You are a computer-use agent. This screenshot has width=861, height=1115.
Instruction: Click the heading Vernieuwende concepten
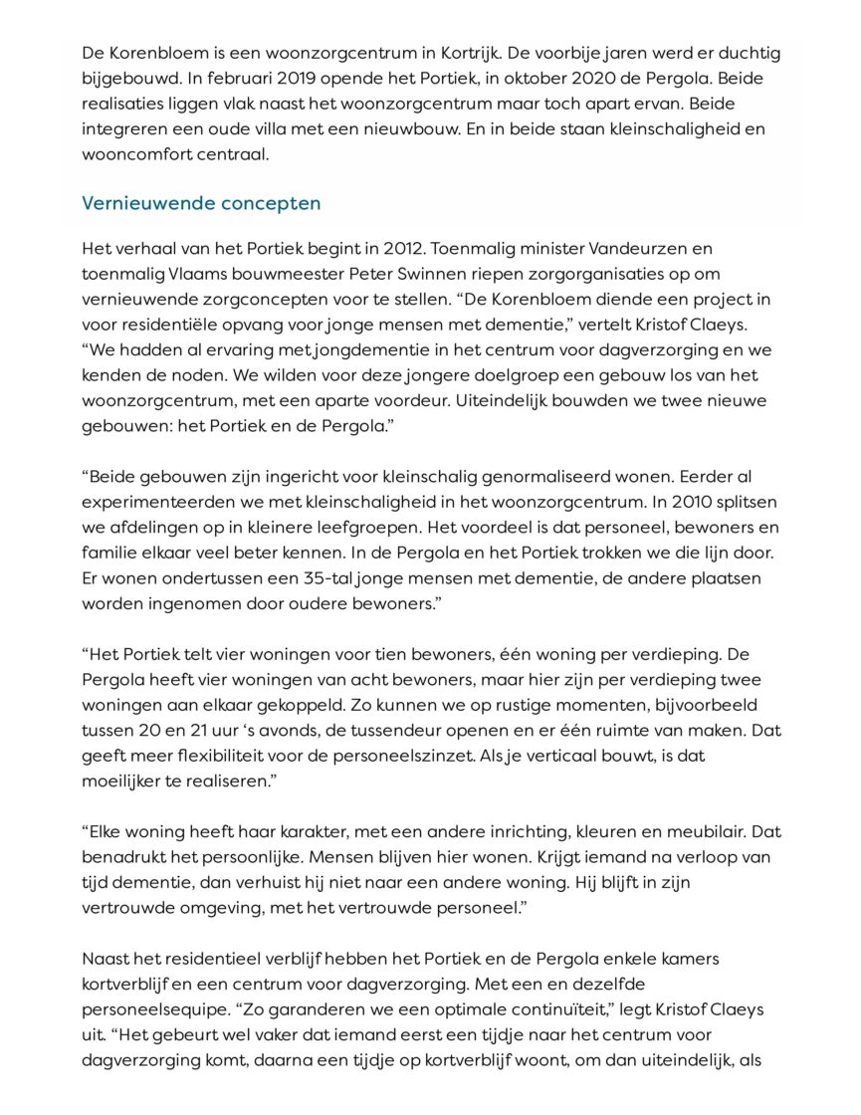[201, 203]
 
